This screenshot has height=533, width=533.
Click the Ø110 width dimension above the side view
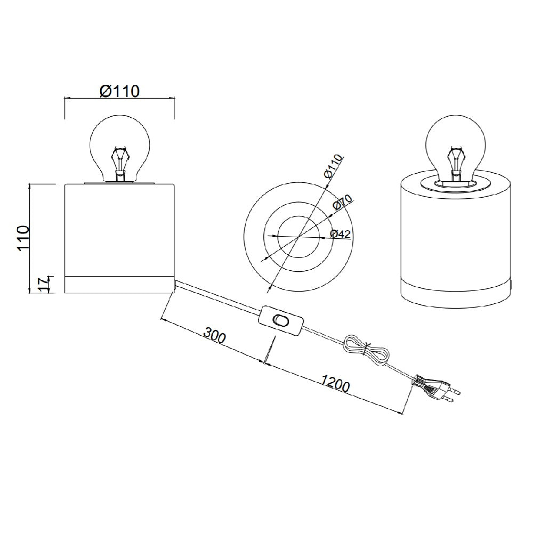click(x=119, y=91)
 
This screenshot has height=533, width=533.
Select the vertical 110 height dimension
click(x=24, y=238)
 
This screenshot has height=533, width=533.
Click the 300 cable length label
click(x=214, y=335)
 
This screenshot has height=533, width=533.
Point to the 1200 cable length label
click(x=335, y=382)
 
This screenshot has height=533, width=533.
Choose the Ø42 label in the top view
click(x=340, y=234)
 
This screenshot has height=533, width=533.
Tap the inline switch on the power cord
click(x=280, y=320)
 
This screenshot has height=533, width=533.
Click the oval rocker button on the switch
click(x=280, y=320)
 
